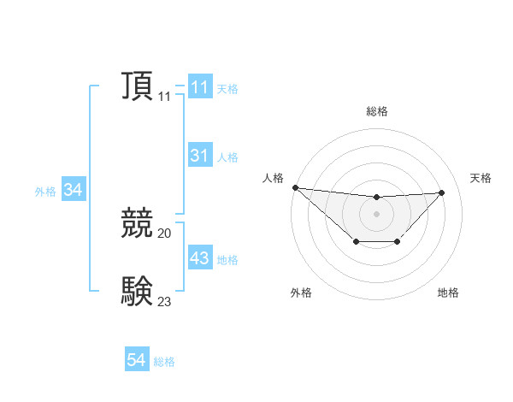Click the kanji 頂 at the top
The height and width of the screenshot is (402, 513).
coord(137,87)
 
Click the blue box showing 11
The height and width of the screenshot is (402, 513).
coord(199,87)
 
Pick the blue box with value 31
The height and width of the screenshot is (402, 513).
coord(199,156)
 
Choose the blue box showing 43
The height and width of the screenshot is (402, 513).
coord(199,257)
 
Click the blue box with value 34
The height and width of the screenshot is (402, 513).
coord(74,191)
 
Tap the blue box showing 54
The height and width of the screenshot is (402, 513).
coord(137,360)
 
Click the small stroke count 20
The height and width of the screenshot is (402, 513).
coord(165,234)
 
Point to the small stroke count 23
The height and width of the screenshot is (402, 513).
coord(165,301)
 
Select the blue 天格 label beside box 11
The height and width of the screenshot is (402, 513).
coord(227,89)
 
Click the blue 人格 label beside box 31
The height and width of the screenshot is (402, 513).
coord(227,157)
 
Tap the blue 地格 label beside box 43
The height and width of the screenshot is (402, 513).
coord(227,259)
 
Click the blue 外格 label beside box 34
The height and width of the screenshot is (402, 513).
coord(45,192)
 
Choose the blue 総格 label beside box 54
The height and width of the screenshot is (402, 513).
coord(164,362)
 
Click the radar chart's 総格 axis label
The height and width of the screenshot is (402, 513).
coord(376,111)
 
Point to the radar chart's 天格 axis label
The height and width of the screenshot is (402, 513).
coord(481,178)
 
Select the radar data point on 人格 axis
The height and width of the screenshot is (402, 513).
coord(295,187)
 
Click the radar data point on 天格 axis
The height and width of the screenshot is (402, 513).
coord(442,192)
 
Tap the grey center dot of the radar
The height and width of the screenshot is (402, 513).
coord(376,213)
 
